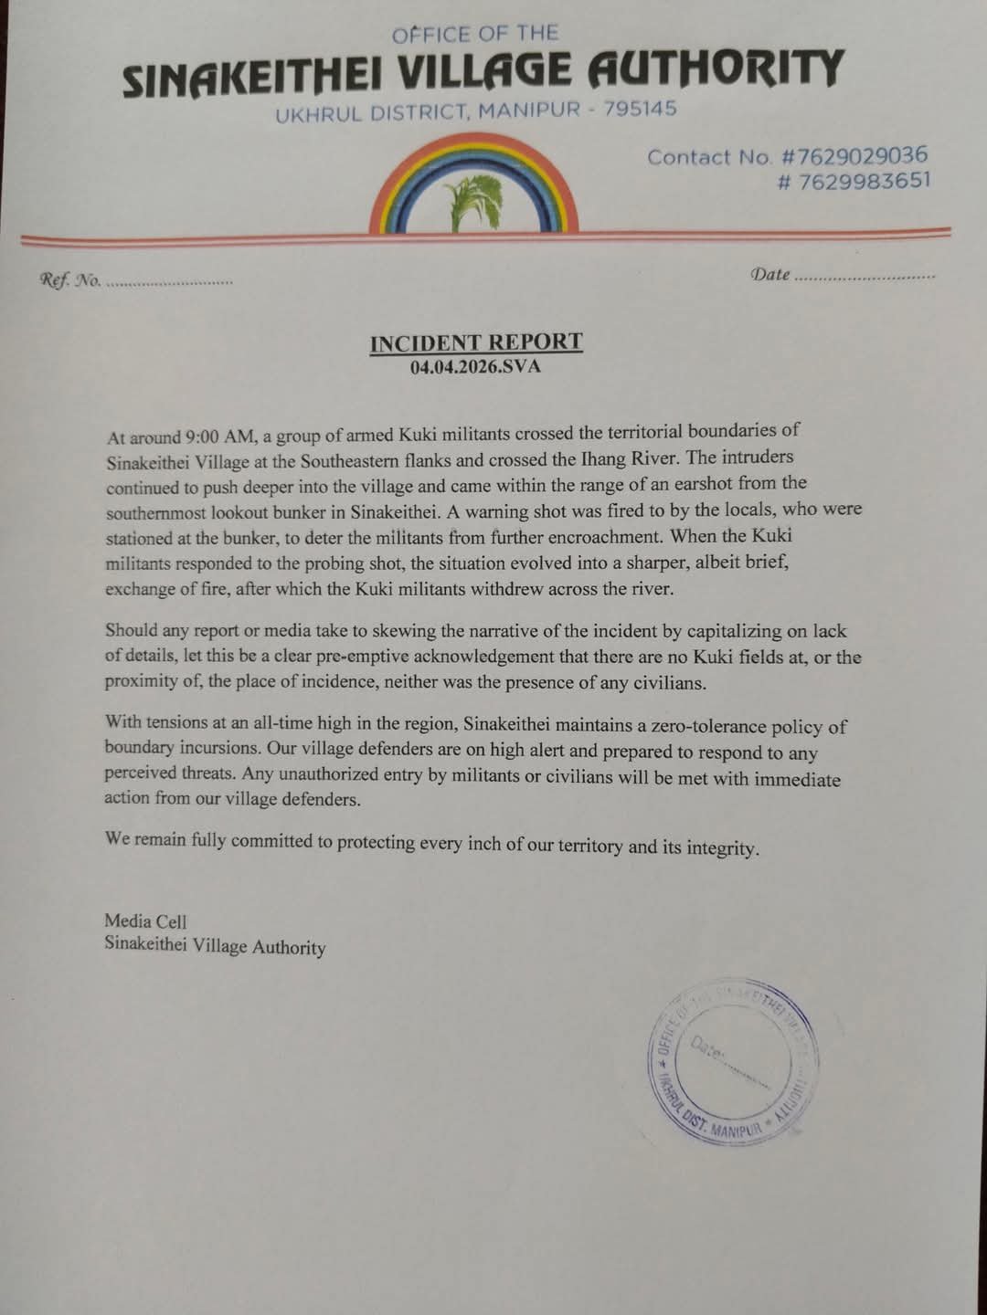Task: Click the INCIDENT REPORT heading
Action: pyautogui.click(x=475, y=342)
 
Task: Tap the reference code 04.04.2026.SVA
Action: pyautogui.click(x=475, y=368)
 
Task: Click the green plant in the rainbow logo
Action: pyautogui.click(x=473, y=204)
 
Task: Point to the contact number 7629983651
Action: pyautogui.click(x=863, y=180)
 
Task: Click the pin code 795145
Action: pyautogui.click(x=640, y=110)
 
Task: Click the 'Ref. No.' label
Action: pyautogui.click(x=69, y=280)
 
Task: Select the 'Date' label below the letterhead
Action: pyautogui.click(x=769, y=274)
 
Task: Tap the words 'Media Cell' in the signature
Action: pyautogui.click(x=145, y=921)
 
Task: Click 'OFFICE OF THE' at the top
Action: pyautogui.click(x=474, y=35)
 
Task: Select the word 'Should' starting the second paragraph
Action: pyautogui.click(x=131, y=630)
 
